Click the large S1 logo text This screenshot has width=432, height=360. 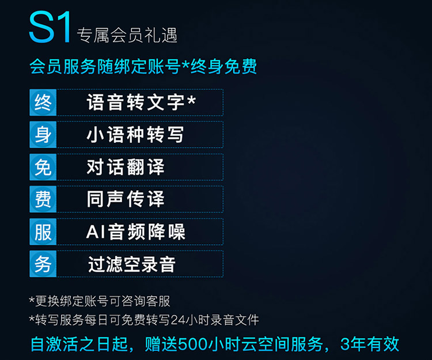tap(50, 27)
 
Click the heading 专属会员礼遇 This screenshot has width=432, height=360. tap(127, 35)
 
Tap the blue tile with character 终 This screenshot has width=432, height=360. tap(43, 103)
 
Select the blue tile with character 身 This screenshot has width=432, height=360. tap(43, 135)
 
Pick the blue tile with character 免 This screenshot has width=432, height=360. tap(43, 167)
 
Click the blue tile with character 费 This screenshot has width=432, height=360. tap(43, 199)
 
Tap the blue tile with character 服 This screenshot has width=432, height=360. tap(43, 232)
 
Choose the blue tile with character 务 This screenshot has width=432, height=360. tap(43, 264)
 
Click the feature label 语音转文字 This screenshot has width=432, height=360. tap(135, 102)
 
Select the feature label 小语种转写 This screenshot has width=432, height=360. tap(135, 134)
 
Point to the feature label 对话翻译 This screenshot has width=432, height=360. tap(126, 166)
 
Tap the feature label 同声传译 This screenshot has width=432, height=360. tap(126, 199)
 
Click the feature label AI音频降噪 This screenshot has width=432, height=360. tap(135, 232)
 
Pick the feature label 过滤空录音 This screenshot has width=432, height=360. tap(132, 264)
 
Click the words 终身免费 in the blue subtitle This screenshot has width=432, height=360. tap(223, 66)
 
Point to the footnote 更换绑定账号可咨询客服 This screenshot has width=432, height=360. tap(103, 301)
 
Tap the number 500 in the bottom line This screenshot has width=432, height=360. tap(192, 344)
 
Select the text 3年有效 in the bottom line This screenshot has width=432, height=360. tap(370, 344)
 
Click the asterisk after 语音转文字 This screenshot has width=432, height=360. tap(191, 100)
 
